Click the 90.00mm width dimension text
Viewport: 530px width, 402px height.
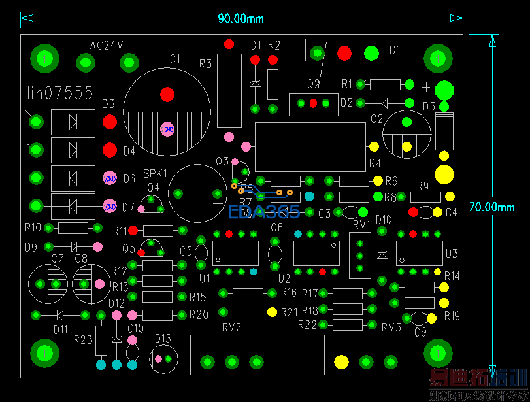pos(241,18)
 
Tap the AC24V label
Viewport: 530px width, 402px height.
pos(107,45)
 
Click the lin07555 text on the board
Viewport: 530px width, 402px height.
pos(60,93)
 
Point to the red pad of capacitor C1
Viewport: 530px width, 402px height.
pos(167,93)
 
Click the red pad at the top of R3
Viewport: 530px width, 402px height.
pos(229,44)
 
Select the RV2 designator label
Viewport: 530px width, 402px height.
pos(231,327)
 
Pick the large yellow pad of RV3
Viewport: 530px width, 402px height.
pos(341,361)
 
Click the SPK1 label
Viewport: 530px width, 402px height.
pos(156,174)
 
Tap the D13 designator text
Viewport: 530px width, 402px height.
pos(163,338)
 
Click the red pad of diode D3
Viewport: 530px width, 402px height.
pos(110,122)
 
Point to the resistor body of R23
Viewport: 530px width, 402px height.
pos(101,340)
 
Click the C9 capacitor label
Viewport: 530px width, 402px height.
pos(420,332)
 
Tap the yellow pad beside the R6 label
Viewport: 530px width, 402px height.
pos(378,181)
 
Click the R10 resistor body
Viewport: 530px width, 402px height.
pos(73,227)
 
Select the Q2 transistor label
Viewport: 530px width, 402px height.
pos(314,84)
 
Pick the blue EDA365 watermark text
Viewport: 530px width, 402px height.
pos(264,212)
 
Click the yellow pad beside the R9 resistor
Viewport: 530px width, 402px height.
pos(450,196)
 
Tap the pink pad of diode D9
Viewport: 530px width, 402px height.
pos(98,246)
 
